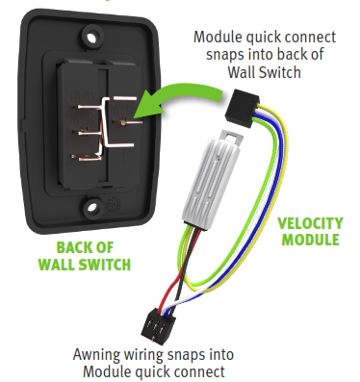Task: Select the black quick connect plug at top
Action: (x=246, y=100)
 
